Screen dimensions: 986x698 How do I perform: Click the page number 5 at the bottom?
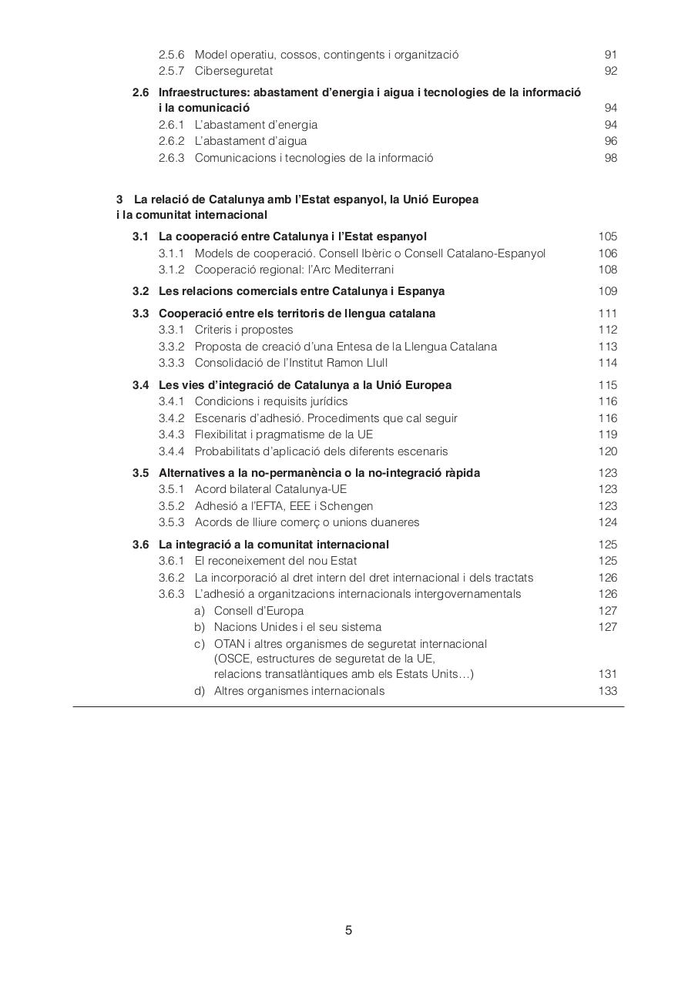coord(349,930)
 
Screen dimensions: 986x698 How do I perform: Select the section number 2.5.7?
coord(171,72)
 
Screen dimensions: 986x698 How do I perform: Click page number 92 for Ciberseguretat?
coord(611,72)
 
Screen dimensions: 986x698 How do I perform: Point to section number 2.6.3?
coord(171,158)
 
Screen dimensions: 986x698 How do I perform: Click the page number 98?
coord(611,158)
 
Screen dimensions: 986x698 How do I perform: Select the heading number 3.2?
coord(140,291)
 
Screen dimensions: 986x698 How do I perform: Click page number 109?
coord(607,291)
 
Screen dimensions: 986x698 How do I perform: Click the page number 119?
coord(607,434)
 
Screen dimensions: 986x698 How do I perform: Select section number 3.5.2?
coord(171,506)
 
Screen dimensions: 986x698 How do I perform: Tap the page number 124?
coord(607,522)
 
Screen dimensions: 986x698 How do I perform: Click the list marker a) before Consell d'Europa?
coord(200,611)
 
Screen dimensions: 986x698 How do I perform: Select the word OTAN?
coord(230,644)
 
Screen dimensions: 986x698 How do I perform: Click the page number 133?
coord(607,691)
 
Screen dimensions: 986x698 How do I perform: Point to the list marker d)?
coord(200,691)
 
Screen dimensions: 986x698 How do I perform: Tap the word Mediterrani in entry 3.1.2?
coord(363,270)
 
